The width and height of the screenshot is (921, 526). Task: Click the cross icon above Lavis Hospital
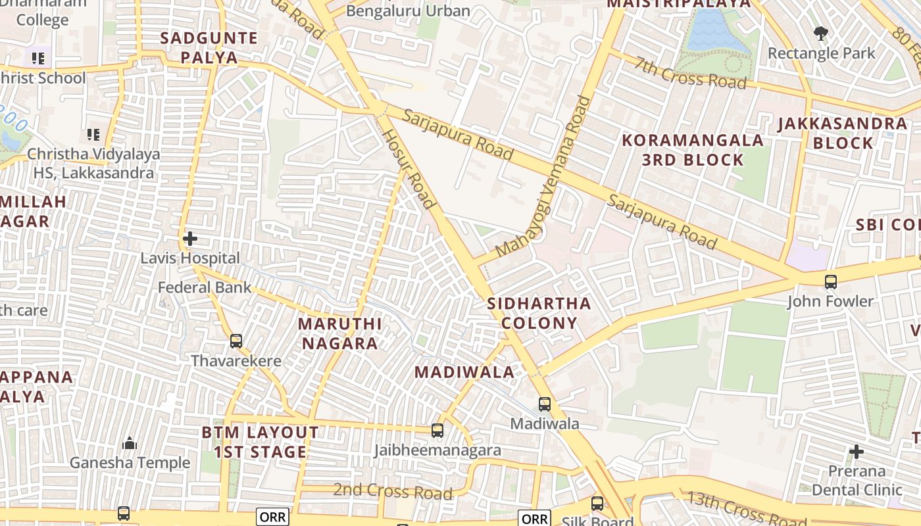190,238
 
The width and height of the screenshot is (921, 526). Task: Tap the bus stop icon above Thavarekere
236,341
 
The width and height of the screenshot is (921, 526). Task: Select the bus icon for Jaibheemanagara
437,431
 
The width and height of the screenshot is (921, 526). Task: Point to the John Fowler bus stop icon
831,282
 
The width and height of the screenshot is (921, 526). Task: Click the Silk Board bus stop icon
597,504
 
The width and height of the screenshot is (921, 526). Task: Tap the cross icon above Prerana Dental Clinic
857,452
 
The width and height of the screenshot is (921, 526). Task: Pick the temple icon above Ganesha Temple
130,443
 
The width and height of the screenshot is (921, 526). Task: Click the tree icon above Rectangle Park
821,33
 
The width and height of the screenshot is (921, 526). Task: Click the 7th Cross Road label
691,71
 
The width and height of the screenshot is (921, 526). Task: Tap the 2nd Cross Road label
393,490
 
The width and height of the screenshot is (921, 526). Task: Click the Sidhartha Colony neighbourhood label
539,313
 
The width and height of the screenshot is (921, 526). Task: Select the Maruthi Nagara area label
339,333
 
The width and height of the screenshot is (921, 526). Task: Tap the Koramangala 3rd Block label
693,150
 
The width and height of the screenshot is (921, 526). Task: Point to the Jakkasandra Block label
843,133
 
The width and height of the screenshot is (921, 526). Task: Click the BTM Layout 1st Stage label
260,442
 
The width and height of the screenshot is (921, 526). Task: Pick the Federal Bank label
205,287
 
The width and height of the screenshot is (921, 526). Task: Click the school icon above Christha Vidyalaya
93,135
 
